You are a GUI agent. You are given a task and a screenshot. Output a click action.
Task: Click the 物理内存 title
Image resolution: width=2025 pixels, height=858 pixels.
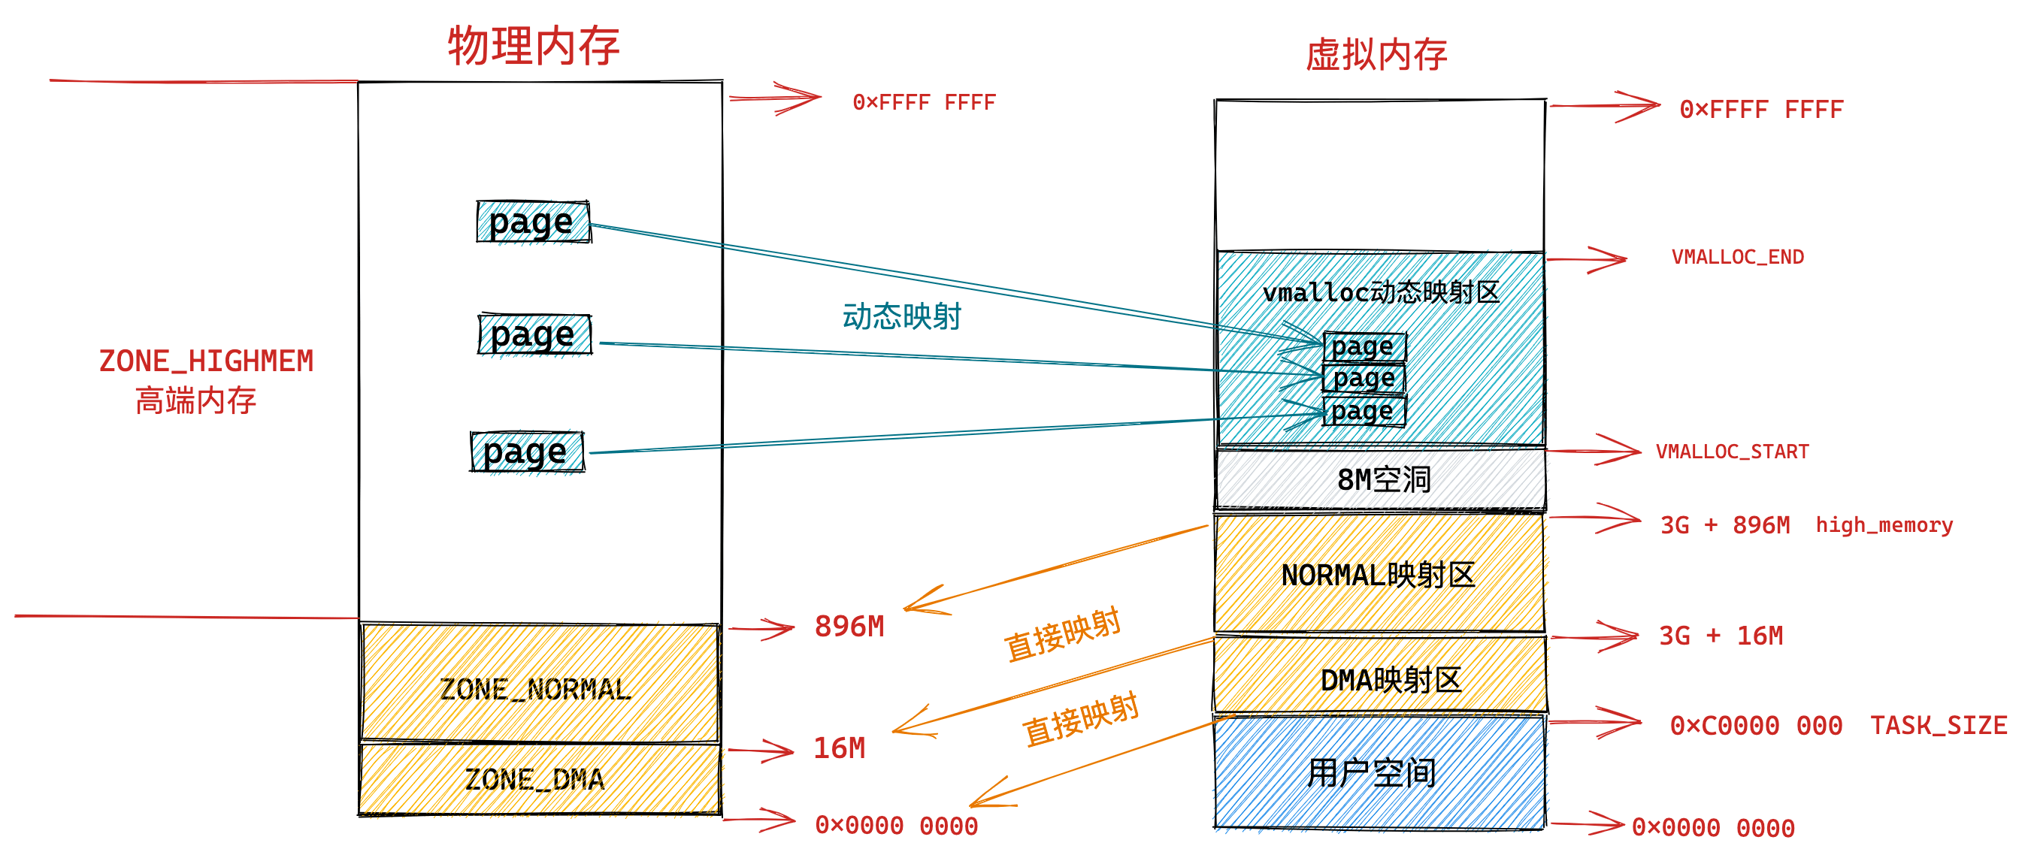point(534,46)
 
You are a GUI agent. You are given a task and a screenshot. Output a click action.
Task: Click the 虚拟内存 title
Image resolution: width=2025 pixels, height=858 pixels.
point(1376,55)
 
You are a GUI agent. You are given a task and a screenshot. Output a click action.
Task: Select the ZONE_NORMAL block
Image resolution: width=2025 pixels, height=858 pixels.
point(539,682)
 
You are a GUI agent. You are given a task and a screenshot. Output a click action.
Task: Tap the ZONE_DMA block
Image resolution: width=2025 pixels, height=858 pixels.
point(539,778)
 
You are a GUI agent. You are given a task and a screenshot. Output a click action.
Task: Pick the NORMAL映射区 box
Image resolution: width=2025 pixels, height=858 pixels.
point(1379,573)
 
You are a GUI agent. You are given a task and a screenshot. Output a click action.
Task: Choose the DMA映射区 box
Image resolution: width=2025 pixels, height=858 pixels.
point(1380,675)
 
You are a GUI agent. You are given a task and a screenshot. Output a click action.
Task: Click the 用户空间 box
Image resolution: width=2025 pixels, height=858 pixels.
point(1379,772)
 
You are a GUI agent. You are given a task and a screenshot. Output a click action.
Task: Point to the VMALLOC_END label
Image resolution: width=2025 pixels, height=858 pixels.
point(1737,257)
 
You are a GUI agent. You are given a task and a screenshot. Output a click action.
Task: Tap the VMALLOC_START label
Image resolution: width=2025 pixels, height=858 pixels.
point(1733,452)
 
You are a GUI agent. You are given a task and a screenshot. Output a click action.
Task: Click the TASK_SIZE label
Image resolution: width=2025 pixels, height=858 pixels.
point(1939,725)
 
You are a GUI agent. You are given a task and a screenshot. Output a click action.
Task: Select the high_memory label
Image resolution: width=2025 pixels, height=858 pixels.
point(1884,525)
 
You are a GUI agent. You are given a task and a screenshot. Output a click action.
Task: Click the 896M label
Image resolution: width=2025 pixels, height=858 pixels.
point(849,626)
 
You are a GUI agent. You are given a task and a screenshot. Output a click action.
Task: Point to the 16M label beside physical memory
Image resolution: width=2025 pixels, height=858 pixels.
point(839,748)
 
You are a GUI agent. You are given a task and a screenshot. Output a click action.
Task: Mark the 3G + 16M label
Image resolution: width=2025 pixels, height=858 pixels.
point(1721,636)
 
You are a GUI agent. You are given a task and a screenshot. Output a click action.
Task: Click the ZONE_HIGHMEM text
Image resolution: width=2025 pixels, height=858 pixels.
point(206,361)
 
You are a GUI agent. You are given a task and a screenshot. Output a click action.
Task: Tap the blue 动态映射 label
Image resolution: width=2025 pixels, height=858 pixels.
point(902,316)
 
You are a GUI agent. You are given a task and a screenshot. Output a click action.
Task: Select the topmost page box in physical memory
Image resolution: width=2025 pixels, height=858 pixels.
point(533,222)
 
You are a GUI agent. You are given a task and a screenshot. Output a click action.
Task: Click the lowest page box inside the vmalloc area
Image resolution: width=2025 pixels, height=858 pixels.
point(1364,411)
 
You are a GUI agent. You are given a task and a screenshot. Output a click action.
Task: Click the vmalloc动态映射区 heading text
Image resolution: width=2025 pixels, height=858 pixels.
point(1381,292)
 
